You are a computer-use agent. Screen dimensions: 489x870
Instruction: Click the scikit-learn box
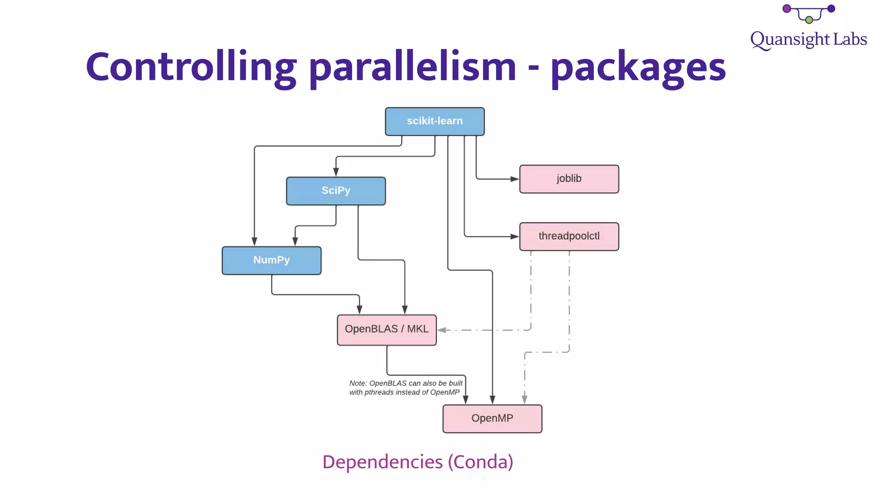pyautogui.click(x=435, y=121)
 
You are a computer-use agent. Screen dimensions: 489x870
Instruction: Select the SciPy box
pyautogui.click(x=336, y=191)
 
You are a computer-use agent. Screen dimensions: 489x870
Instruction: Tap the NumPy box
pyautogui.click(x=271, y=260)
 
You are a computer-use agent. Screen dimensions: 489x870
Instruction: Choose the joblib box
pyautogui.click(x=569, y=179)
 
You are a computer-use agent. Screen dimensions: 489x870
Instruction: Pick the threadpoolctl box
pyautogui.click(x=569, y=236)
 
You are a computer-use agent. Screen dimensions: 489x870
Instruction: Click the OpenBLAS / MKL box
pyautogui.click(x=387, y=329)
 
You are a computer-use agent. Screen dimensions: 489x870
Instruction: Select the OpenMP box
pyautogui.click(x=492, y=419)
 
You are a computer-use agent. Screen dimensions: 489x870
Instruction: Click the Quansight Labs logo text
pyautogui.click(x=808, y=40)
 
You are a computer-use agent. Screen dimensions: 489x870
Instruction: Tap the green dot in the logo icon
pyautogui.click(x=809, y=20)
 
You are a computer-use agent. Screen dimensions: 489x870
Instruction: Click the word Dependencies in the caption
pyautogui.click(x=382, y=462)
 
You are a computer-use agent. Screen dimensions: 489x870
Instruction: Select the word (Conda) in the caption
pyautogui.click(x=480, y=462)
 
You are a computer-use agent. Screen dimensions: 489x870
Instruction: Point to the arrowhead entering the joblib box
pyautogui.click(x=514, y=179)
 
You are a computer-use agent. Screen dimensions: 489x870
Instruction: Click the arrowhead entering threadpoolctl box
pyautogui.click(x=514, y=236)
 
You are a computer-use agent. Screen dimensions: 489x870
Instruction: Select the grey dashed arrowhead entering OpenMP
pyautogui.click(x=525, y=399)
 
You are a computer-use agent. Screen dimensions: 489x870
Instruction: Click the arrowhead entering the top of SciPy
pyautogui.click(x=336, y=172)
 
